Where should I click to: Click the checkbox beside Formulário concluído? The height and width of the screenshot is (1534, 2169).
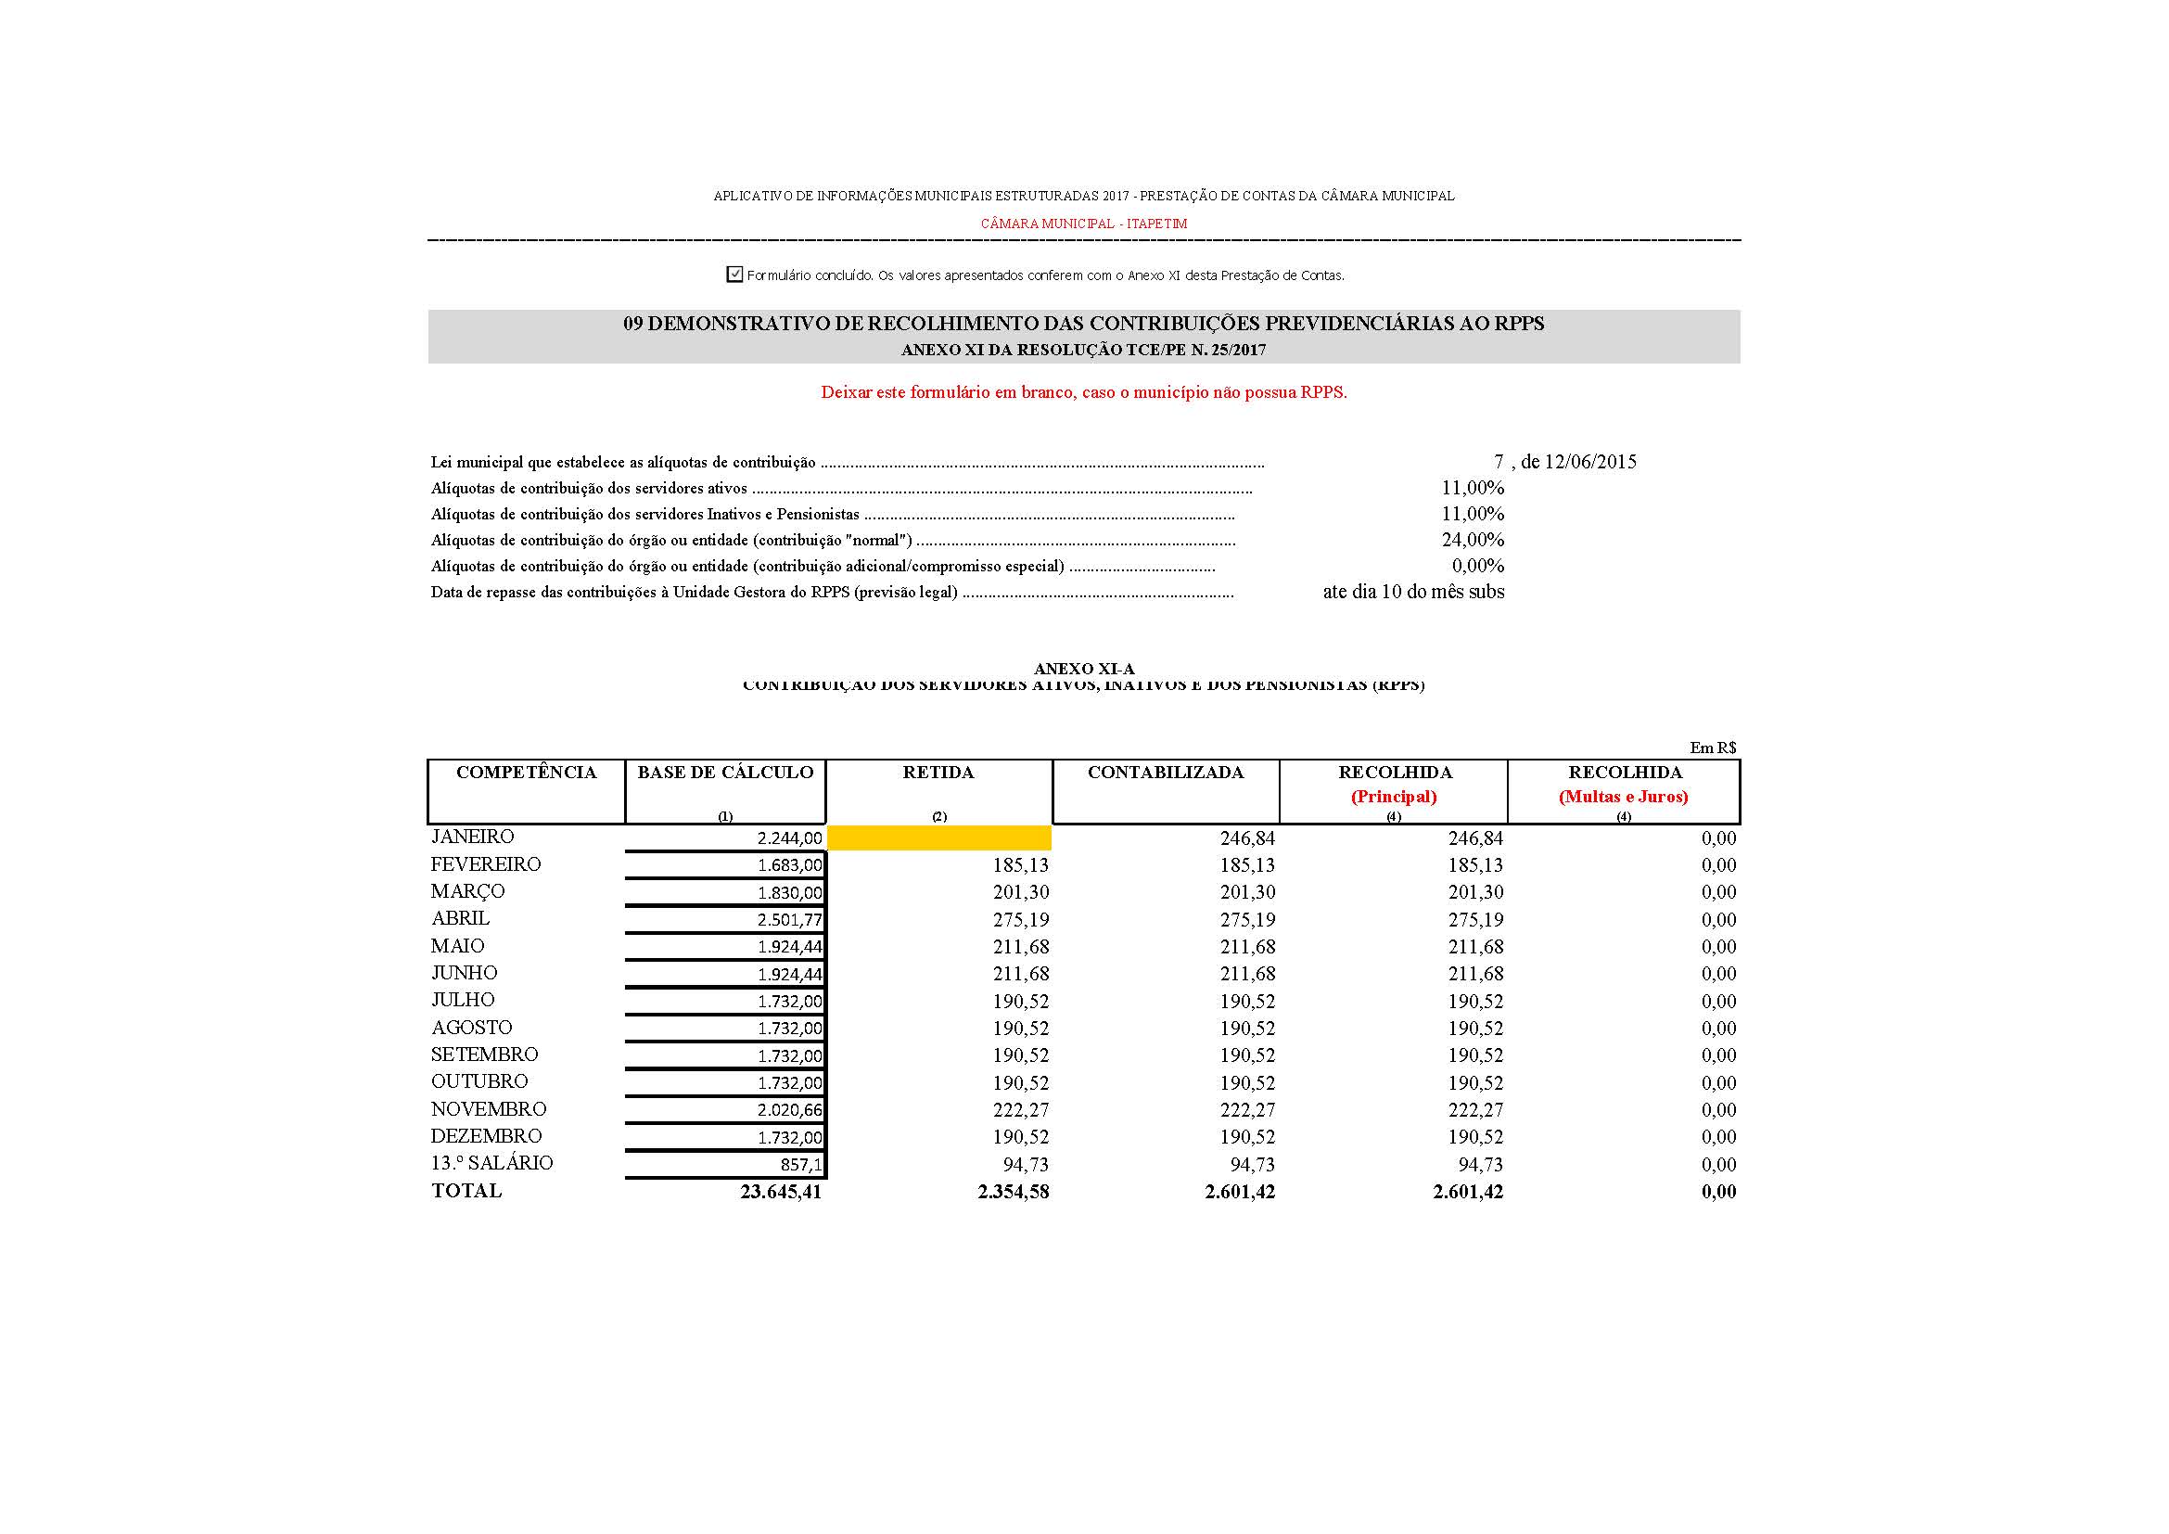(x=734, y=274)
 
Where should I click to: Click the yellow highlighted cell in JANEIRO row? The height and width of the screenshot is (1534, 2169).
(x=938, y=837)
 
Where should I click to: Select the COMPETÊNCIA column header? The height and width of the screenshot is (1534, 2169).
(x=526, y=773)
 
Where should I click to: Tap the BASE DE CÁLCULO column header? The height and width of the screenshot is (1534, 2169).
(x=724, y=773)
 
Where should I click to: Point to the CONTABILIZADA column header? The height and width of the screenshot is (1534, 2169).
(x=1165, y=773)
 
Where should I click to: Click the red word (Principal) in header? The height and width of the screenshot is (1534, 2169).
(x=1394, y=797)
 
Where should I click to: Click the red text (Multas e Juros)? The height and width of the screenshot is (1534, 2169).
(x=1623, y=797)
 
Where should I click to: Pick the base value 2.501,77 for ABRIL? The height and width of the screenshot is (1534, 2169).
(x=789, y=920)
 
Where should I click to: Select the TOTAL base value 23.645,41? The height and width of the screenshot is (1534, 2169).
(x=780, y=1192)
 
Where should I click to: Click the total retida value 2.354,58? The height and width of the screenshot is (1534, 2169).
(x=1013, y=1192)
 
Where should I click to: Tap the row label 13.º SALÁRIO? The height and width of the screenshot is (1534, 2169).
(x=491, y=1163)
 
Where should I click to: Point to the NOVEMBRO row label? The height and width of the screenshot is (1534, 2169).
(x=489, y=1109)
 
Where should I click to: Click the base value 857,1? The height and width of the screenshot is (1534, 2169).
(x=800, y=1165)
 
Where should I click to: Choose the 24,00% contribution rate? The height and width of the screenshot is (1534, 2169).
(x=1472, y=541)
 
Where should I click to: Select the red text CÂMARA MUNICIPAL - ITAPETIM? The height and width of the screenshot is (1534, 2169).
(x=1083, y=224)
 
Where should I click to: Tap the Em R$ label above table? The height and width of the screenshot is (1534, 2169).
(x=1713, y=748)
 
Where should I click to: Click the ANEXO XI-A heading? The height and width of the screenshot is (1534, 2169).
(x=1083, y=669)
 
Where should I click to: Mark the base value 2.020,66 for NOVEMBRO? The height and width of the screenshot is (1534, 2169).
(x=789, y=1111)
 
